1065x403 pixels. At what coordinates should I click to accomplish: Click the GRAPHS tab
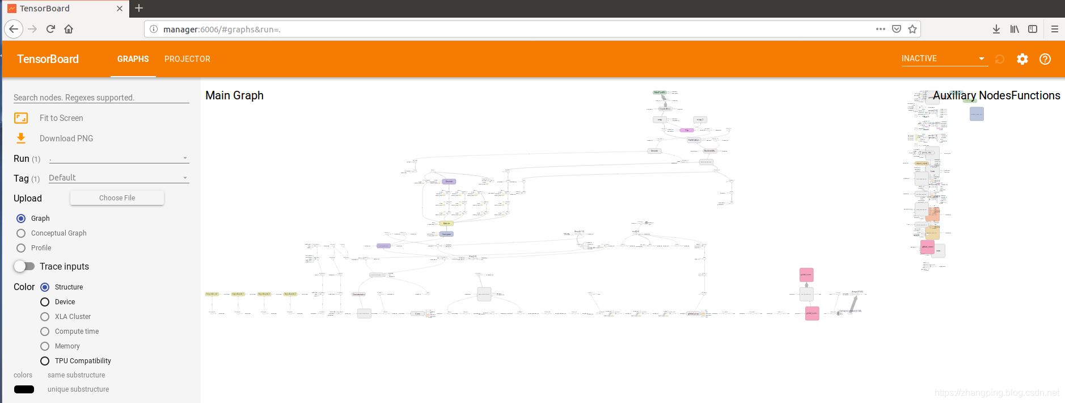[133, 59]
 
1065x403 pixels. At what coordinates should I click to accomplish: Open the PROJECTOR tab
[187, 59]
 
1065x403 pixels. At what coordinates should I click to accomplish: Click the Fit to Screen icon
[21, 118]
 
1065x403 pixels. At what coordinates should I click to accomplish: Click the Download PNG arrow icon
[21, 138]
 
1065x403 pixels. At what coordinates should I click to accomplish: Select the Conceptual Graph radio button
[21, 233]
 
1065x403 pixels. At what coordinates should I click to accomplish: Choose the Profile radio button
[21, 248]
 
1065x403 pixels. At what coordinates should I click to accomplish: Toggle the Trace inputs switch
[24, 266]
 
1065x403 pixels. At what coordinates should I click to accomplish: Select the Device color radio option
[45, 302]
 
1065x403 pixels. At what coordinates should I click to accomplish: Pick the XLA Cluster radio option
[45, 317]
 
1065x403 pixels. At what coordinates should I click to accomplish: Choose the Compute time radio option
[45, 331]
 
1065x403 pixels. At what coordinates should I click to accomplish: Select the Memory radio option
[45, 346]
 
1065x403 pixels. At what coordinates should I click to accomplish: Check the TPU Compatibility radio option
[45, 361]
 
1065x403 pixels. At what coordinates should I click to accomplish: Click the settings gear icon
[1022, 59]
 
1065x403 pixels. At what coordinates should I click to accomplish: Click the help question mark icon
[1045, 59]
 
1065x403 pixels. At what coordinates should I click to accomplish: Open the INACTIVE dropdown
[944, 58]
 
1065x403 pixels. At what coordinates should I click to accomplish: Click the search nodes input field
[101, 98]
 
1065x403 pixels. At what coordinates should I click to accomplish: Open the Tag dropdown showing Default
[118, 178]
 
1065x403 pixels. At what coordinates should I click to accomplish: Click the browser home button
[69, 29]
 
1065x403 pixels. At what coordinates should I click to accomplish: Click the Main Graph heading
[234, 95]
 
